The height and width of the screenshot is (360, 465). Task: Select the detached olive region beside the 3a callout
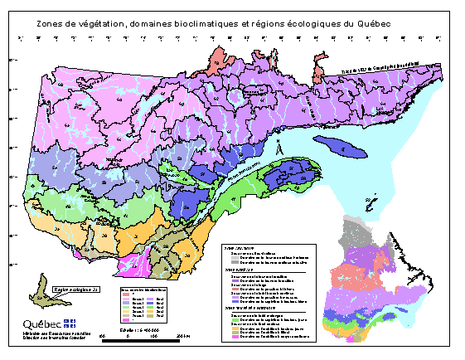point(39,294)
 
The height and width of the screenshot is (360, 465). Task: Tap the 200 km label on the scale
point(184,335)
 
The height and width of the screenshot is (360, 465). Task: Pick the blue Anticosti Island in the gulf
point(341,147)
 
